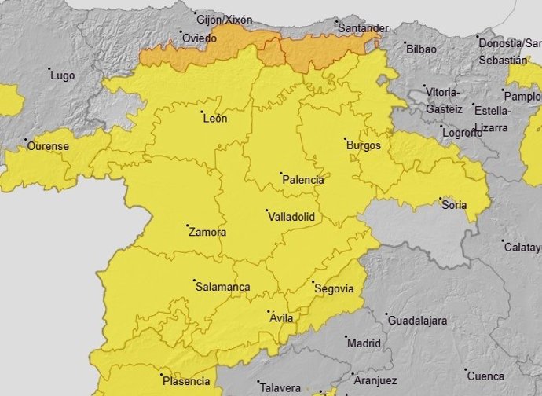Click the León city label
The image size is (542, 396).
[215, 119]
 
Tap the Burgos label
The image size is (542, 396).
[363, 145]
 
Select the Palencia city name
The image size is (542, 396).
[302, 180]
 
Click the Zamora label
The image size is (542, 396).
[207, 233]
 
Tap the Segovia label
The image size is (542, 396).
[334, 288]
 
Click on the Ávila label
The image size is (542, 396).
[281, 318]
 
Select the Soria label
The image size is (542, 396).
[454, 205]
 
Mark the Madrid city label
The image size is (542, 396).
[364, 343]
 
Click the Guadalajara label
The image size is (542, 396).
[416, 321]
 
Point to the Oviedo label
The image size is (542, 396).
[199, 38]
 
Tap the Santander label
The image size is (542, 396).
[362, 28]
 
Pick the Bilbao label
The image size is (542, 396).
[421, 49]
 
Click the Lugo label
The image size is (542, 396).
[62, 75]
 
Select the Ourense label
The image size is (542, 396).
[48, 146]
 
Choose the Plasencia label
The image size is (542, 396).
[186, 381]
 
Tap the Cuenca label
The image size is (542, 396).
[485, 376]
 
